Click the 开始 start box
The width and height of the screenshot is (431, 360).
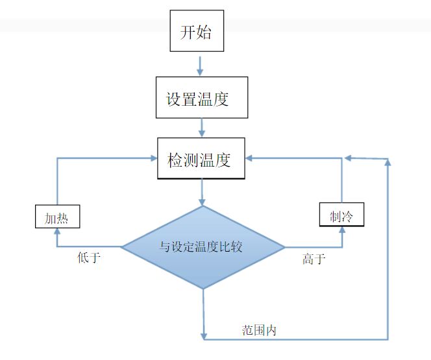click(x=197, y=31)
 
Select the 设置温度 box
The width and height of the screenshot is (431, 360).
click(x=201, y=98)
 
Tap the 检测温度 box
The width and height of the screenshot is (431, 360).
click(x=201, y=158)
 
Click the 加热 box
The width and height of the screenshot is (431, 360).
click(x=56, y=217)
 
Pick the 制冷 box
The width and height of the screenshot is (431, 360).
click(x=341, y=215)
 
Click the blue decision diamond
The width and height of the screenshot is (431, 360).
click(x=203, y=247)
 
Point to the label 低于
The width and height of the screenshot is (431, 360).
click(x=89, y=258)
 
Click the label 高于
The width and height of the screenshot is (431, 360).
click(x=314, y=259)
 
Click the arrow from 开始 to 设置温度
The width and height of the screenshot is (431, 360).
click(x=200, y=64)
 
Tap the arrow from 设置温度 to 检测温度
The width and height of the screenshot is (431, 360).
click(x=203, y=126)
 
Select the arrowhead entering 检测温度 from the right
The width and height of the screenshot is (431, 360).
click(x=251, y=158)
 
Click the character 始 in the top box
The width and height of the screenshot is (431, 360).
click(x=205, y=32)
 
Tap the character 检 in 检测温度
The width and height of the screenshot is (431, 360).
click(x=175, y=159)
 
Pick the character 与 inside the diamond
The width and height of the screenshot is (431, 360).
click(x=165, y=246)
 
